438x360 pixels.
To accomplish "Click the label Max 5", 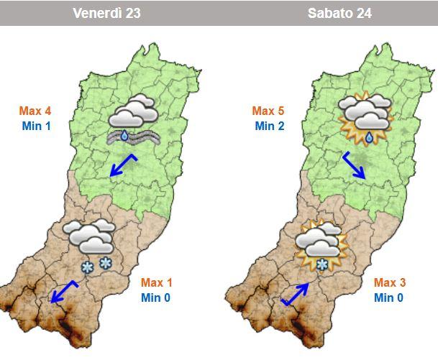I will click(268, 111).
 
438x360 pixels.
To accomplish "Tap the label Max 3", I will click(390, 282).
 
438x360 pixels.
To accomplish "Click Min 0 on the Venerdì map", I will click(156, 297).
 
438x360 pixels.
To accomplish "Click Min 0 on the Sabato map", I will click(389, 297).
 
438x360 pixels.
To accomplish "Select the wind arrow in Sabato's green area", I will click(355, 166).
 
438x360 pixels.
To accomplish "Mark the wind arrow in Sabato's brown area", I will click(296, 294).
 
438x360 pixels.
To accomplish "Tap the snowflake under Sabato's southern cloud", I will click(323, 265).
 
